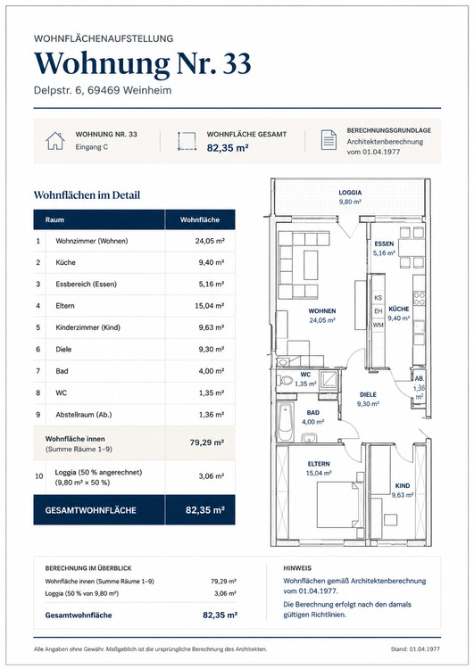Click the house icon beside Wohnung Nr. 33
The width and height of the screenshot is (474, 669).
tap(55, 141)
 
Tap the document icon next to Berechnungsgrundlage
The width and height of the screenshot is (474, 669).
tap(328, 140)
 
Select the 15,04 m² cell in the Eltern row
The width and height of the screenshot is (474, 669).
tap(209, 305)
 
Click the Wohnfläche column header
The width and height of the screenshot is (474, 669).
tap(199, 219)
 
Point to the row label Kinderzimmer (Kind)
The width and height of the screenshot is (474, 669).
tap(88, 327)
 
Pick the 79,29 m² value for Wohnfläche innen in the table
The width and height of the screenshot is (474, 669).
tap(207, 442)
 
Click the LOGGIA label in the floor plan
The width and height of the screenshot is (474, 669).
tap(350, 193)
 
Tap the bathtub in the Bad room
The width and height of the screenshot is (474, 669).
tap(286, 422)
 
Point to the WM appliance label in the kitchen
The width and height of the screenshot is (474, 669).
tap(378, 325)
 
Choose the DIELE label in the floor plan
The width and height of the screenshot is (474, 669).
tap(368, 394)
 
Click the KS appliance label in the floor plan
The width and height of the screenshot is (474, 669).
tap(378, 297)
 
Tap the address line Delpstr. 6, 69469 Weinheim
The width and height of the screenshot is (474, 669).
tap(103, 90)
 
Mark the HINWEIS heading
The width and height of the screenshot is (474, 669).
tap(297, 568)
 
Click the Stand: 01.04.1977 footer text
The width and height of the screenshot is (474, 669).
tap(415, 649)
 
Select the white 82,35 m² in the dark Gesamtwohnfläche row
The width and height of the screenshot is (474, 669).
tap(205, 510)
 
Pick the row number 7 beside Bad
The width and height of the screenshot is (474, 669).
tap(38, 371)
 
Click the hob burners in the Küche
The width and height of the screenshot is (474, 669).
tap(419, 297)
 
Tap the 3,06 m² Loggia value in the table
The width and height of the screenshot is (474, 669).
tap(212, 476)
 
